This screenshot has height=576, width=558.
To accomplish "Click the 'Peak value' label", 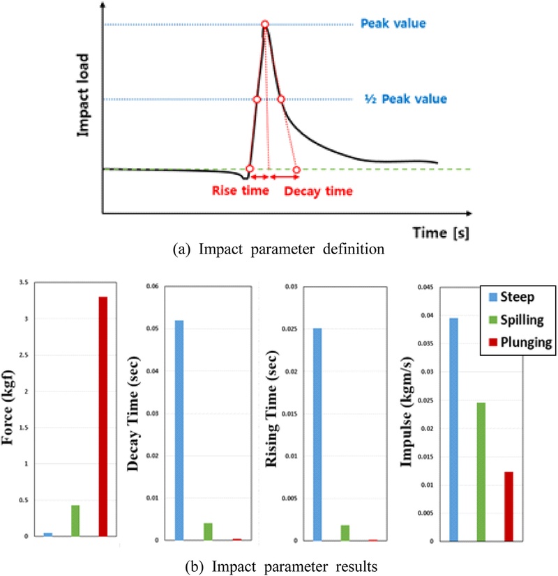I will coord(393,24).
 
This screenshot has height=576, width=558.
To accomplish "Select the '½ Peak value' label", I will coord(406,100).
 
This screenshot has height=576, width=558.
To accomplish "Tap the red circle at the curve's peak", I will coord(265,25).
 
